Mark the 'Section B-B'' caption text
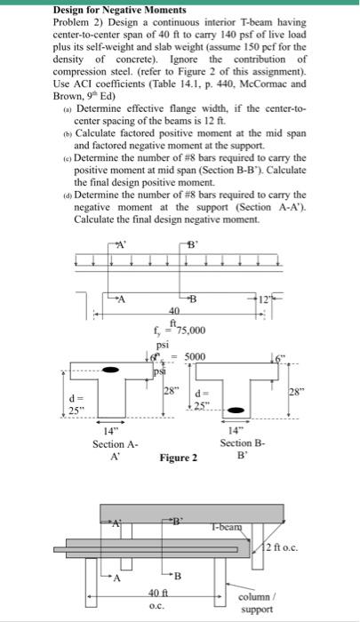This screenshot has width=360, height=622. tap(242, 449)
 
